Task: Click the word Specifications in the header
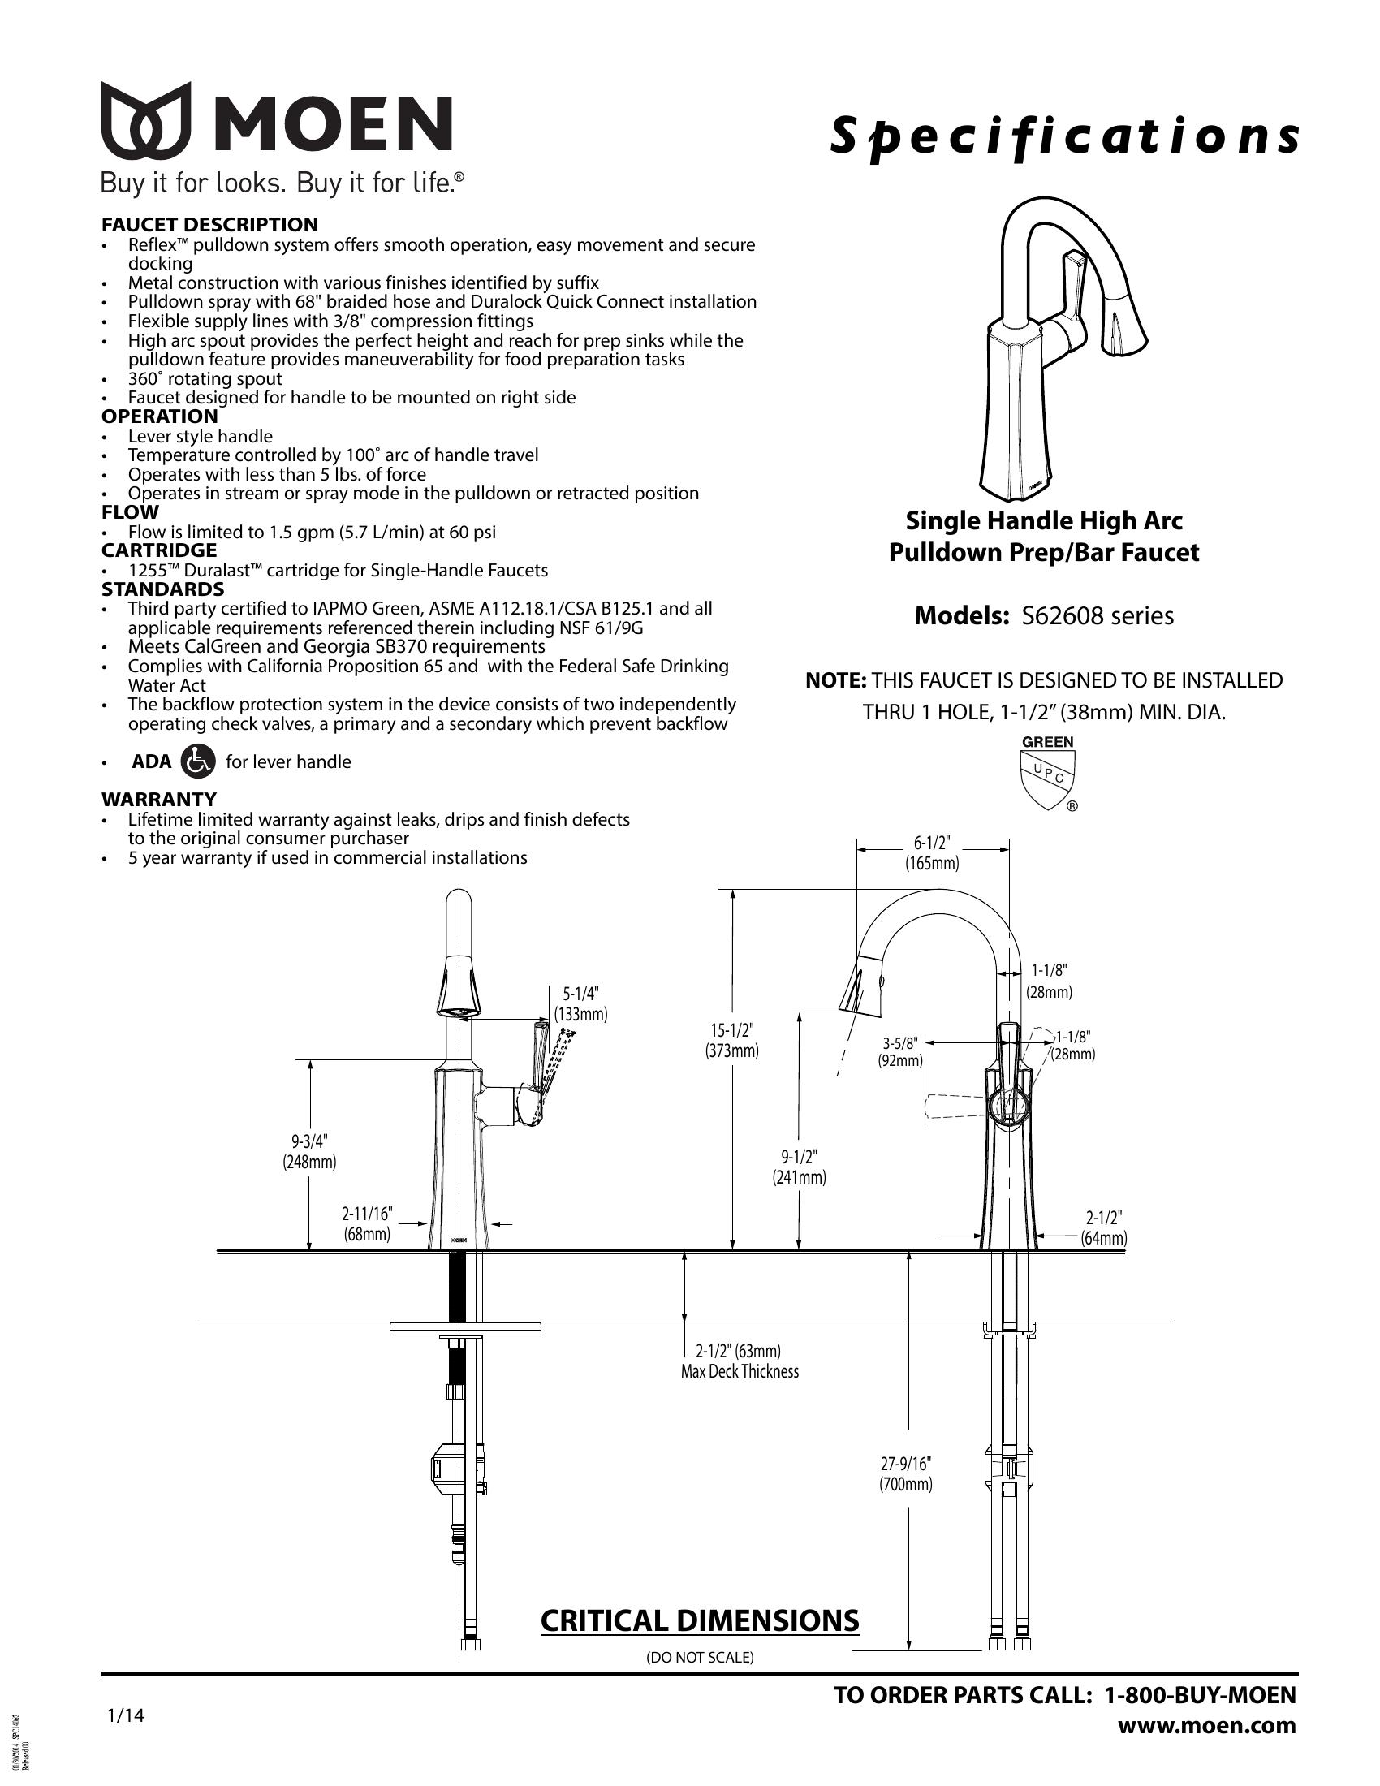tap(1063, 136)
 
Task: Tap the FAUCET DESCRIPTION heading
tap(209, 225)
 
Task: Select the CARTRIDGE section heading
tap(158, 550)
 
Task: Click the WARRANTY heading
tap(158, 799)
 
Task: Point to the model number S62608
tap(1059, 616)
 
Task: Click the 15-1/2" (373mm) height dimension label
tap(731, 1040)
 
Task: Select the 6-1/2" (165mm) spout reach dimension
tap(932, 853)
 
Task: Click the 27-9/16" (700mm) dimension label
tap(906, 1473)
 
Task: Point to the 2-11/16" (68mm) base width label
tap(367, 1223)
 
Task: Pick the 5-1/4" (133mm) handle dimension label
tap(580, 1004)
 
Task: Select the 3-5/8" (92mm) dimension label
tap(900, 1051)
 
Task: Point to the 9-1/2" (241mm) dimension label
tap(799, 1167)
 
